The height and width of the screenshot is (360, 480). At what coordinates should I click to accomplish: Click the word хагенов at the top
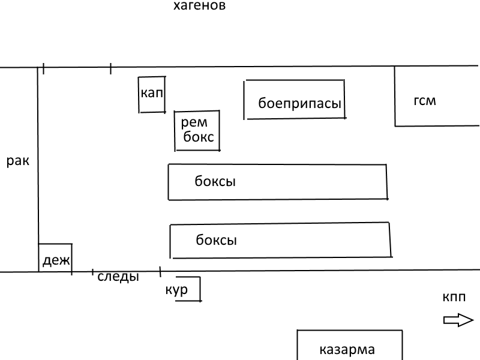tap(200, 5)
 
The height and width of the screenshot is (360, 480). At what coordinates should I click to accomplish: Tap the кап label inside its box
tap(152, 92)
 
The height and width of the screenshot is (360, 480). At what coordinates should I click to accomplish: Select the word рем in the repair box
tap(194, 122)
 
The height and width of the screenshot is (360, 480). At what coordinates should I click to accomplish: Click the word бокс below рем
tap(199, 137)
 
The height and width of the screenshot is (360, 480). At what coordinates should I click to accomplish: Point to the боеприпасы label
tap(299, 103)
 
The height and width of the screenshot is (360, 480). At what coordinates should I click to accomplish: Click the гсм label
tap(425, 101)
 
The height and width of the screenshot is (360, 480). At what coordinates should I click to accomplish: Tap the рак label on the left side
tap(18, 161)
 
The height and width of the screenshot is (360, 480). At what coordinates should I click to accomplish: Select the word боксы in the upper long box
tap(215, 181)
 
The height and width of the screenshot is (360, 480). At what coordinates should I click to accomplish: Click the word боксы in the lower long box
tap(217, 240)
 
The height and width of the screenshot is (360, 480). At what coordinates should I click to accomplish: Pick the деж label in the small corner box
tap(56, 260)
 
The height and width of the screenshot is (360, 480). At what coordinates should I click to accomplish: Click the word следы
tap(118, 277)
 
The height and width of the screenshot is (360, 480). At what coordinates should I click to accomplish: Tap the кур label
tap(176, 290)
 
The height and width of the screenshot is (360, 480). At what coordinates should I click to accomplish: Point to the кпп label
tap(454, 297)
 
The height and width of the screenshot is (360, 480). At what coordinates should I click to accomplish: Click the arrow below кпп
tap(458, 320)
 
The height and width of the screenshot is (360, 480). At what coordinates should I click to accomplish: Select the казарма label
tap(347, 350)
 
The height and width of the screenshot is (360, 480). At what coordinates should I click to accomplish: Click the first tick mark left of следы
tap(93, 272)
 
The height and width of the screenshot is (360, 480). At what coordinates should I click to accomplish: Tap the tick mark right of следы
tap(160, 272)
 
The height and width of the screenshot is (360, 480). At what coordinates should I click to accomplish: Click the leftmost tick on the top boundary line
tap(43, 68)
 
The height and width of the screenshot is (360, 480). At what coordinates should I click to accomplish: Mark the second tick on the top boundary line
tap(110, 68)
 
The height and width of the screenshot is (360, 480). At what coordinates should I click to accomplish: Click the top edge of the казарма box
tap(350, 330)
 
